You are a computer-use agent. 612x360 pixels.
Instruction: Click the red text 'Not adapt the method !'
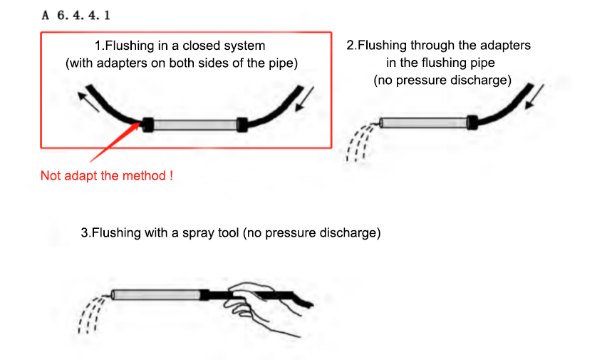click(107, 175)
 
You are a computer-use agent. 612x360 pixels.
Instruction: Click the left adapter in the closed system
click(148, 124)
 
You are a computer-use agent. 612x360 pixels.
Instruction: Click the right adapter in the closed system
click(242, 124)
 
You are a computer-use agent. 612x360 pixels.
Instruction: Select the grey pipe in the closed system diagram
click(195, 125)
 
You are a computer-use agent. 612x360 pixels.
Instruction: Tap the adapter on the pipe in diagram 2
click(472, 122)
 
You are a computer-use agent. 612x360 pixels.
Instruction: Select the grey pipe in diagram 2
click(424, 123)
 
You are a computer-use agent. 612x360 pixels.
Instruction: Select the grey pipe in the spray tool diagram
click(156, 294)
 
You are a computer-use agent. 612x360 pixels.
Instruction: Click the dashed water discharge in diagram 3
click(89, 314)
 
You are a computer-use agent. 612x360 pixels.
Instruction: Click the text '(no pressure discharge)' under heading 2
click(442, 81)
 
